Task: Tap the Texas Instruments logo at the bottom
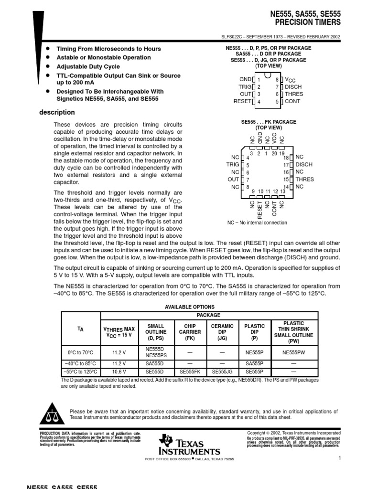tap(190, 445)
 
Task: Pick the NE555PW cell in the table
tap(293, 352)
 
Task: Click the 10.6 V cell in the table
tap(119, 372)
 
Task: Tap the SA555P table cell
tap(255, 363)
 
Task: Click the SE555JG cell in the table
tap(222, 372)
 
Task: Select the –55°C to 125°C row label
tap(81, 372)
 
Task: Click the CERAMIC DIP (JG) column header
tap(222, 331)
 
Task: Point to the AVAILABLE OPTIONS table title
tap(190, 307)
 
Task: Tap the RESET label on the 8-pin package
tap(242, 101)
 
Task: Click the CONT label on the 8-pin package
tap(293, 101)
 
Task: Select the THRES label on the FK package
tap(304, 179)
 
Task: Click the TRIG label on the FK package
tap(232, 164)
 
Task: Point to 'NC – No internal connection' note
tap(257, 223)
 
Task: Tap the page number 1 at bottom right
tap(339, 458)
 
